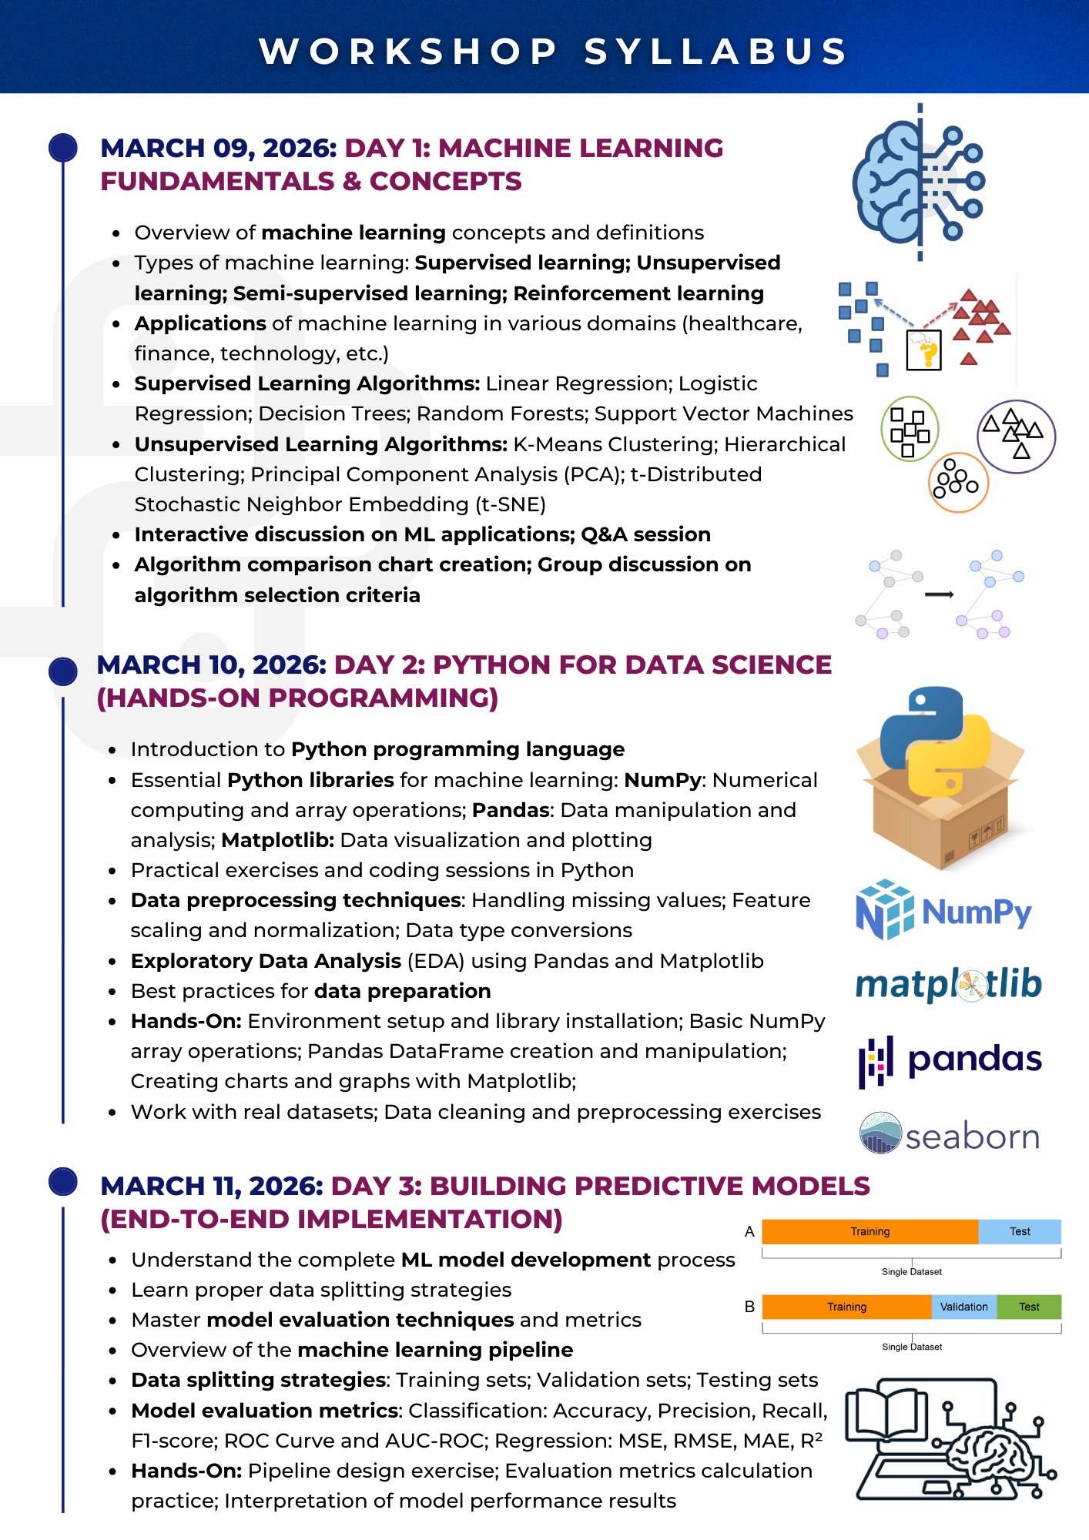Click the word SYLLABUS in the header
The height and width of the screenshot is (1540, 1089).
(x=715, y=52)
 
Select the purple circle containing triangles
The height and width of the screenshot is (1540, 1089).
(x=1016, y=436)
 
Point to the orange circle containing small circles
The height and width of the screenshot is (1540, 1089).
(x=957, y=482)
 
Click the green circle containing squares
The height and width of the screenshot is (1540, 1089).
(x=910, y=429)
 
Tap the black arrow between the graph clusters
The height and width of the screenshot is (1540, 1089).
(x=939, y=594)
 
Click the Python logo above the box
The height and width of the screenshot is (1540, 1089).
(x=934, y=740)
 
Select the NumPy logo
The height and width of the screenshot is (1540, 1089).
(x=943, y=911)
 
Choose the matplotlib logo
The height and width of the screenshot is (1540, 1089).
(x=948, y=985)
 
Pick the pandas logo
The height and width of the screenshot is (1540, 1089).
(x=950, y=1060)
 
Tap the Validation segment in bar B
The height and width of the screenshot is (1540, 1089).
(x=963, y=1307)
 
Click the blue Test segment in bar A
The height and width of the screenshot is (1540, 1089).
(x=1020, y=1231)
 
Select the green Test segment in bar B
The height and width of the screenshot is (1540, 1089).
(x=1029, y=1307)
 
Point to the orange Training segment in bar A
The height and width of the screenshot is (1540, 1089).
(x=870, y=1231)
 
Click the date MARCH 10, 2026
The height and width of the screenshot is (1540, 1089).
(x=212, y=665)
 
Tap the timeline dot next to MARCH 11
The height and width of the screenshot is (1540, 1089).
(x=63, y=1181)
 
